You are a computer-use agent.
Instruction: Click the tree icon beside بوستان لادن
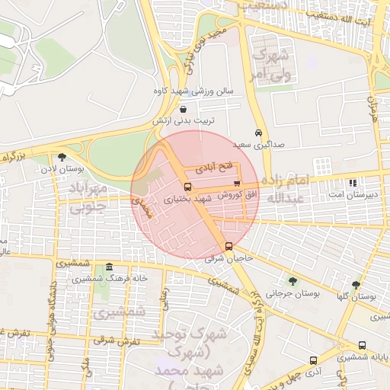pos(62,156)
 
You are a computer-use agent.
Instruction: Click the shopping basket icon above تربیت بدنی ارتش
pos(183,110)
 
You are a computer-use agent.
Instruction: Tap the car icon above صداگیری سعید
pos(259,132)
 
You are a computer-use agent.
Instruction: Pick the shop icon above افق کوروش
pos(237,183)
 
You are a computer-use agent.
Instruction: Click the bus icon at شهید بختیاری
pos(187,186)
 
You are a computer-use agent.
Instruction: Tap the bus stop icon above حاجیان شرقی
pos(229,246)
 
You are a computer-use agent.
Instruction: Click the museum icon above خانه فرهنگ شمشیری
pos(110,267)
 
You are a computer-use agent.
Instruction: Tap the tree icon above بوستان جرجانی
pos(292,281)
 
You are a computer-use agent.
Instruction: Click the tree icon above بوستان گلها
pos(356,284)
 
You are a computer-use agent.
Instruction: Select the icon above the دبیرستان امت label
pos(352,183)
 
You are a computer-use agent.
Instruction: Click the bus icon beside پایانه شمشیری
pos(361,345)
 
